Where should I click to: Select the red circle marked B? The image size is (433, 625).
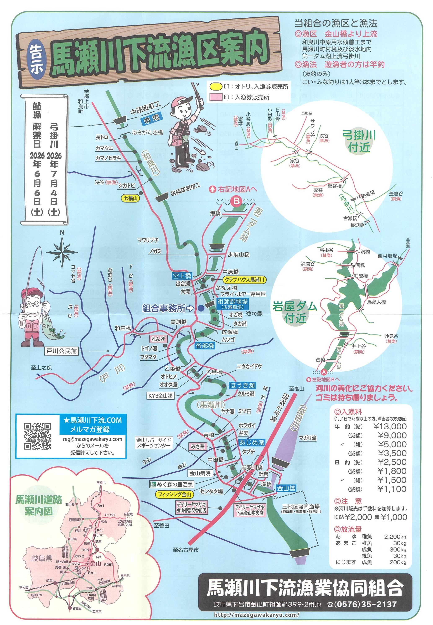coord(237,201)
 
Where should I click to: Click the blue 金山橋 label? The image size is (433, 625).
coord(286,488)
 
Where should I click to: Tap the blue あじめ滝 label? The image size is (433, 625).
coord(252,442)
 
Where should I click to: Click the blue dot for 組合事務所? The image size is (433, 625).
coord(200,308)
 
